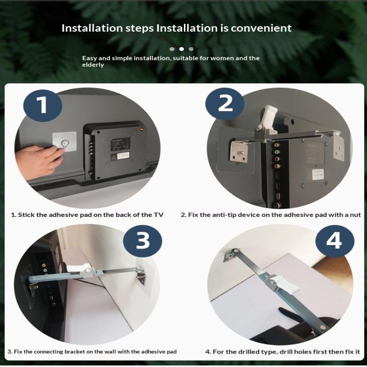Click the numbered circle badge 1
43,106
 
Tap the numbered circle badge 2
225,104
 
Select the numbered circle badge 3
143,241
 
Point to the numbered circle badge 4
335,241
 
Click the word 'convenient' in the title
261,28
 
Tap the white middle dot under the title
181,49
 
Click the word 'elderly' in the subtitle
93,65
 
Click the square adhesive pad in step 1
64,143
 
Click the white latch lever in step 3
78,267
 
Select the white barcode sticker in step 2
318,175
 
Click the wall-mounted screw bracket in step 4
231,255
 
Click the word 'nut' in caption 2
355,215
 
